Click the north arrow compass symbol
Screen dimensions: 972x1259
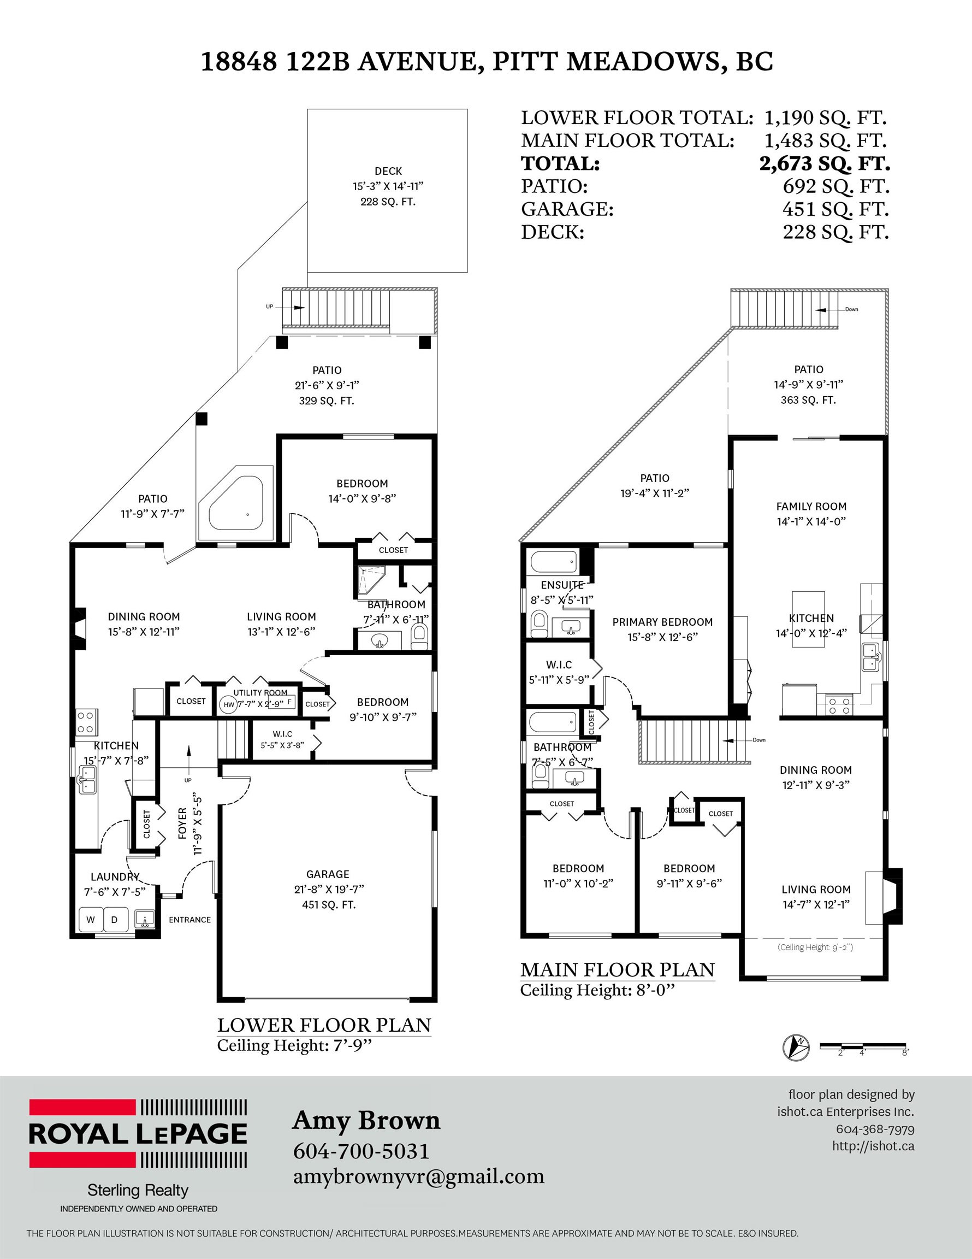click(x=796, y=1048)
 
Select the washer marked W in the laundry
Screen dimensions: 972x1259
click(x=91, y=920)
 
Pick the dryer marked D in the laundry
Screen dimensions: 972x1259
click(x=114, y=920)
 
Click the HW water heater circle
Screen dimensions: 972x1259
click(x=229, y=704)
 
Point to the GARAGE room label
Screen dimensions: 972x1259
click(x=328, y=874)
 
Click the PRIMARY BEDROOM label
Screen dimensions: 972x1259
click(x=662, y=622)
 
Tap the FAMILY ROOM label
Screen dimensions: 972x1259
click(x=811, y=507)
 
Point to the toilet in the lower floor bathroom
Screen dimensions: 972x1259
click(x=419, y=637)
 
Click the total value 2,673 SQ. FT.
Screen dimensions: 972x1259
click(x=825, y=164)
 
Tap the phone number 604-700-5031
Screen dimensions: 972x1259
click(x=361, y=1151)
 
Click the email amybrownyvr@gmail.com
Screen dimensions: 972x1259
click(x=419, y=1176)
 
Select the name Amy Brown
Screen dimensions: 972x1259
click(x=366, y=1121)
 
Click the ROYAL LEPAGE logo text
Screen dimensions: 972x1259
click(x=138, y=1133)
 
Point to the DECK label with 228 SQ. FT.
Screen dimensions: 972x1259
click(x=388, y=186)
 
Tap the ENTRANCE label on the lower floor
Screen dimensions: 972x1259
click(x=189, y=920)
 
